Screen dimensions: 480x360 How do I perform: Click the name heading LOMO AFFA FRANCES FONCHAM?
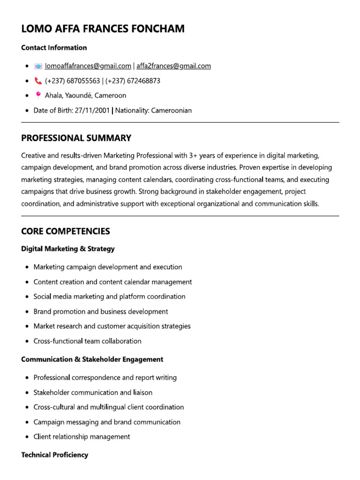[x=103, y=29]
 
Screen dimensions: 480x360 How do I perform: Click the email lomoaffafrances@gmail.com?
[x=88, y=66]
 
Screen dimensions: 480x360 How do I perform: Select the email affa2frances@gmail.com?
[x=173, y=66]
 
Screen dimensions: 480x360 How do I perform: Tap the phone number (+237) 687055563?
[x=72, y=81]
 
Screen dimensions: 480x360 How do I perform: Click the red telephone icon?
[x=38, y=81]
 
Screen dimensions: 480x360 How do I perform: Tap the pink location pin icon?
[x=38, y=95]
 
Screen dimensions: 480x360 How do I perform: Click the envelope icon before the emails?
[x=38, y=66]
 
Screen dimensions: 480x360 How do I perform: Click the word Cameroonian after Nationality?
[x=171, y=111]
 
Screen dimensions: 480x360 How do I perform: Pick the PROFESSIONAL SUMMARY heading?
[x=76, y=138]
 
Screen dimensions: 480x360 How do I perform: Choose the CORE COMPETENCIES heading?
[x=66, y=231]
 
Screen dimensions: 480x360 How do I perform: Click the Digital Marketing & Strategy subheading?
[x=68, y=249]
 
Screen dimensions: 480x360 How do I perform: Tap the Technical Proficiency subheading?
[x=54, y=455]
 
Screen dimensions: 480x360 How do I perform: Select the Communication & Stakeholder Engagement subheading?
[x=92, y=360]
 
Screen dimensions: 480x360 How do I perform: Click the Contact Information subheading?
[x=54, y=47]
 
